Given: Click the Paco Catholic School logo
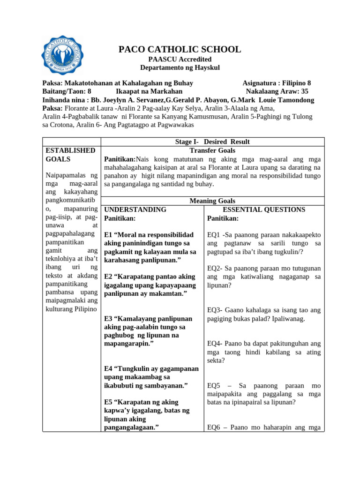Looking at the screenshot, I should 63,55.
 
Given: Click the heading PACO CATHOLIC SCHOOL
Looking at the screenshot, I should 180,49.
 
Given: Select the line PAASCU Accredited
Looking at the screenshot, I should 180,59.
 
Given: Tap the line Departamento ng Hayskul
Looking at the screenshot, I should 180,67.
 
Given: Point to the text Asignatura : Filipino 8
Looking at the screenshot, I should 277,83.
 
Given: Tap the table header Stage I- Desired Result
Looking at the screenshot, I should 212,142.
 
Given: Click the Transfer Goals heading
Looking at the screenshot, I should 212,150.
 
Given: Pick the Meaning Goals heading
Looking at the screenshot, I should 212,201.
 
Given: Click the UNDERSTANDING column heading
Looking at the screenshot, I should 135,210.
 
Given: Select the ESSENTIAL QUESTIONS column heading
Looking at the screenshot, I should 264,210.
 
